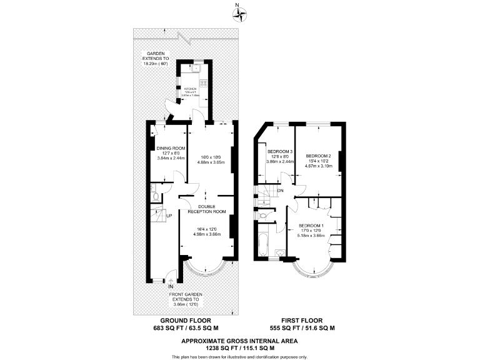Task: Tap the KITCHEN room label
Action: (x=189, y=89)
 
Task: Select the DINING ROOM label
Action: (x=171, y=148)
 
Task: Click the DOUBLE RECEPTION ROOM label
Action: (x=207, y=209)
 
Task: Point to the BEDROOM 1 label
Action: (x=311, y=225)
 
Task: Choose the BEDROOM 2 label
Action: (x=318, y=155)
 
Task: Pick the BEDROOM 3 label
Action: (x=280, y=152)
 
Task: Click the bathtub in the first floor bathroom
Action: (x=262, y=242)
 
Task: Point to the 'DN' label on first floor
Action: (x=280, y=191)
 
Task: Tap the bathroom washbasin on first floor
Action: (x=279, y=252)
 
